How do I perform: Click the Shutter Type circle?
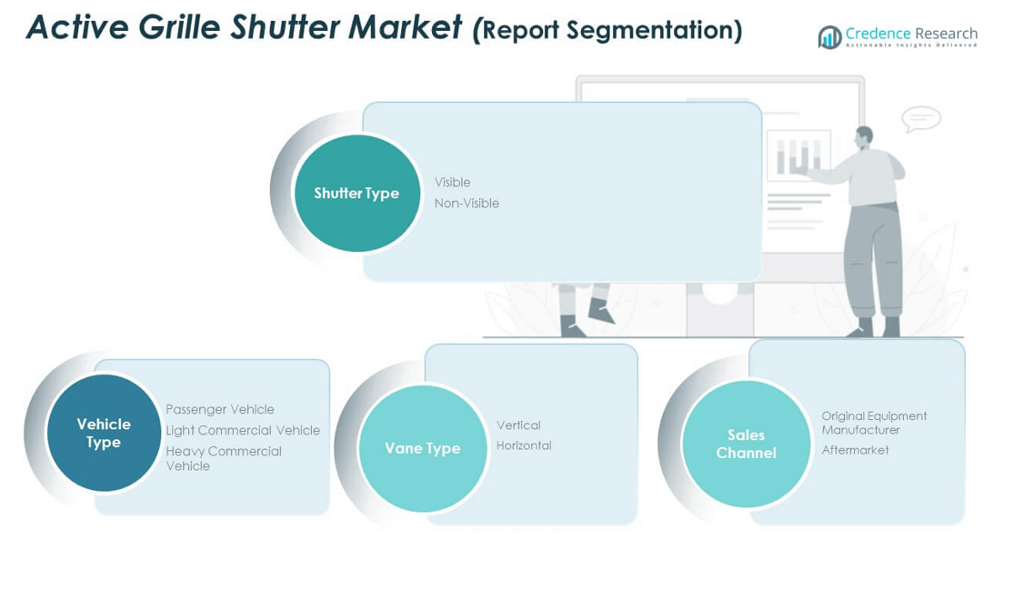coord(356,193)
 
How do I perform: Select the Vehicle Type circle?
coord(104,433)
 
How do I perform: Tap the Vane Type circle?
coord(422,448)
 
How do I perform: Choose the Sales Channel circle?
coord(746,444)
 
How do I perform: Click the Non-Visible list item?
coord(467,204)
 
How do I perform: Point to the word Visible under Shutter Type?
coord(452,183)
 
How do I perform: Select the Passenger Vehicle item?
coord(220,409)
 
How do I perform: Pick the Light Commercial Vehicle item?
coord(243,430)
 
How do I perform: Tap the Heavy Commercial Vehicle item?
coord(224,458)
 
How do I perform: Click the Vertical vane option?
coord(518,425)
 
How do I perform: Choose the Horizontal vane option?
coord(524,445)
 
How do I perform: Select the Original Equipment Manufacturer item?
coord(874,423)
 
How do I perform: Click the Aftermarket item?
coord(855,450)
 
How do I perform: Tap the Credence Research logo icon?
coord(829,37)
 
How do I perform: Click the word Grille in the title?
coord(179,28)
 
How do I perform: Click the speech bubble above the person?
coord(920,119)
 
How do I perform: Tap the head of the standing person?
coord(864,135)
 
